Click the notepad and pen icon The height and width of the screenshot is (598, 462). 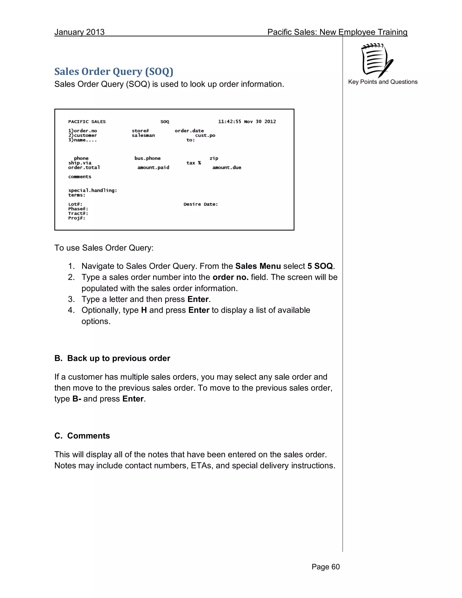pyautogui.click(x=377, y=60)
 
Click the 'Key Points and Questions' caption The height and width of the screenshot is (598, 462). pyautogui.click(x=383, y=82)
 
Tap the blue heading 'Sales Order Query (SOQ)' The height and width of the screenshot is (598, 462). pyautogui.click(x=114, y=72)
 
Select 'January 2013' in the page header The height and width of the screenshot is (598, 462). pyautogui.click(x=79, y=32)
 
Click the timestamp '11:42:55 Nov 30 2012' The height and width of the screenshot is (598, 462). pyautogui.click(x=247, y=122)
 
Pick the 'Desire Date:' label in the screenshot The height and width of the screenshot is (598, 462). pyautogui.click(x=201, y=204)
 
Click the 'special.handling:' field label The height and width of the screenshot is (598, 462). pyautogui.click(x=92, y=190)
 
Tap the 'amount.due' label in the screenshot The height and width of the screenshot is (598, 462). pyautogui.click(x=227, y=168)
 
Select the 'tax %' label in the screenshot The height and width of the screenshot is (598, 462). pyautogui.click(x=194, y=163)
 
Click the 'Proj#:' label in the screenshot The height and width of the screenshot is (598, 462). pyautogui.click(x=77, y=218)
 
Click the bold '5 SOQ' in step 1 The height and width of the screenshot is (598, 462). pyautogui.click(x=320, y=266)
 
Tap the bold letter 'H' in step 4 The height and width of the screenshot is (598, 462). pyautogui.click(x=144, y=310)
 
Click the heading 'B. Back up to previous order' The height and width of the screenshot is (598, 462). pyautogui.click(x=112, y=358)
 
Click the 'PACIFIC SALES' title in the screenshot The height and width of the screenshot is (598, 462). pyautogui.click(x=87, y=122)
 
